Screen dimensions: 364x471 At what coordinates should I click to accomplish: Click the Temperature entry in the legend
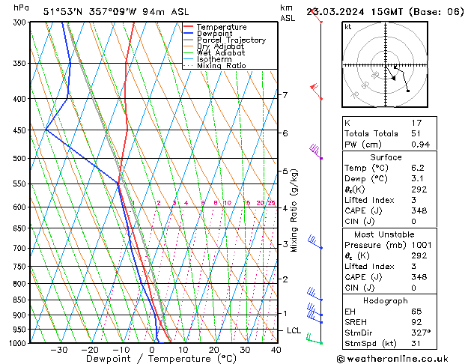[x=222, y=27]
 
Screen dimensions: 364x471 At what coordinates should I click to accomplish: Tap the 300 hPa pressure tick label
[x=19, y=22]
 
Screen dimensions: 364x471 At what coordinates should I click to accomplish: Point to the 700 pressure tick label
[x=19, y=248]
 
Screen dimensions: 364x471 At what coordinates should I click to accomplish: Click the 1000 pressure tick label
[x=17, y=343]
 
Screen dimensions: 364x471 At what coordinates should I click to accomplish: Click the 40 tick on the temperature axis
[x=276, y=350]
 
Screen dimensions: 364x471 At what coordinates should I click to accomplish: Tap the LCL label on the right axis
[x=294, y=330]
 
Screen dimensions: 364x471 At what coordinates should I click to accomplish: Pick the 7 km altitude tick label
[x=285, y=95]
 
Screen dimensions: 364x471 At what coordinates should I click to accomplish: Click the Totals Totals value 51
[x=416, y=133]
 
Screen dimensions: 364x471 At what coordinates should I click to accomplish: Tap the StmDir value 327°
[x=420, y=333]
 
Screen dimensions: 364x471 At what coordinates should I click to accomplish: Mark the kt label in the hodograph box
[x=347, y=26]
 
